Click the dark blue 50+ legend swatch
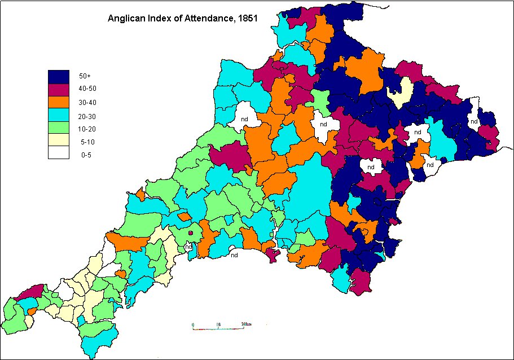[x=58, y=76]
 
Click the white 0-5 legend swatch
[x=58, y=154]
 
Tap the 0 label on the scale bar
[x=193, y=324]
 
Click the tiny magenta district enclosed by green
[x=191, y=232]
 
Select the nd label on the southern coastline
[x=234, y=254]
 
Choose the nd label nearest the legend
[x=244, y=119]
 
